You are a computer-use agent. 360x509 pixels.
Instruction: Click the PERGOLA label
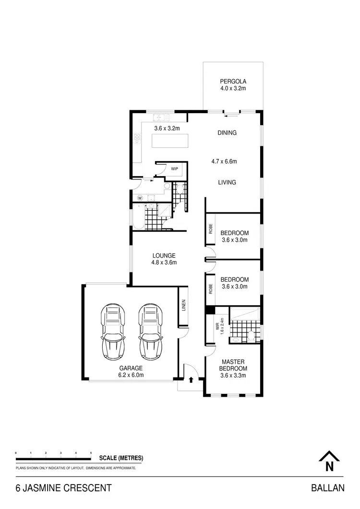click(233, 81)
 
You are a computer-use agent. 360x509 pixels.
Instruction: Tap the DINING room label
click(227, 133)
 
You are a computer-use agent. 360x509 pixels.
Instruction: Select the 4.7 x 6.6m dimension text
click(224, 162)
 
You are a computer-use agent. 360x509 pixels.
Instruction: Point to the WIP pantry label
click(174, 169)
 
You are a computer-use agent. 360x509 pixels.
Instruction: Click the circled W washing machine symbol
click(140, 198)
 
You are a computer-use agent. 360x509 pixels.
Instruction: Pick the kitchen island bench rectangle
click(169, 141)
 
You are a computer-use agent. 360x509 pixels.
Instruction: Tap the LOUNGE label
click(164, 256)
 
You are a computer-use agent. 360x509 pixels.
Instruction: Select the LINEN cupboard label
click(184, 306)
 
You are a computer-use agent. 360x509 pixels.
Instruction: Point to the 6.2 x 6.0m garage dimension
click(131, 375)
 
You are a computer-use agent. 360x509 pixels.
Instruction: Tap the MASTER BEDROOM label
click(233, 365)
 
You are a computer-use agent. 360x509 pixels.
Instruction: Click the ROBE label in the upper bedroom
click(210, 229)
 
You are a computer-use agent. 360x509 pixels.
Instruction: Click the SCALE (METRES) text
click(121, 458)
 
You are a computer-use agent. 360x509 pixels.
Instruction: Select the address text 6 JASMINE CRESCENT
click(63, 488)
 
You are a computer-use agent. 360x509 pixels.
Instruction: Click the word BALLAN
click(328, 488)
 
